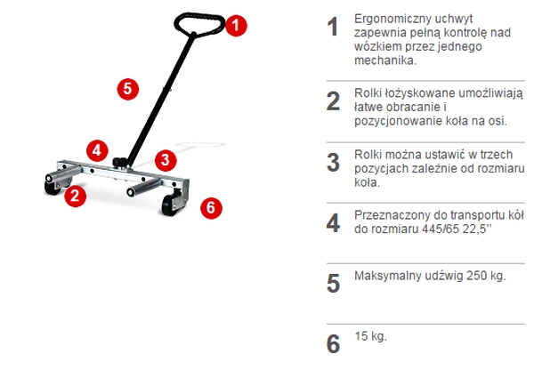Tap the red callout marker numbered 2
click(76, 195)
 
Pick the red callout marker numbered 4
click(98, 149)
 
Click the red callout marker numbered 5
click(128, 88)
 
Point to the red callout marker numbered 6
click(209, 207)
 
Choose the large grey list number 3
click(333, 162)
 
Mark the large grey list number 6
click(333, 343)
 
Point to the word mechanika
click(384, 60)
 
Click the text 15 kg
click(370, 337)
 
